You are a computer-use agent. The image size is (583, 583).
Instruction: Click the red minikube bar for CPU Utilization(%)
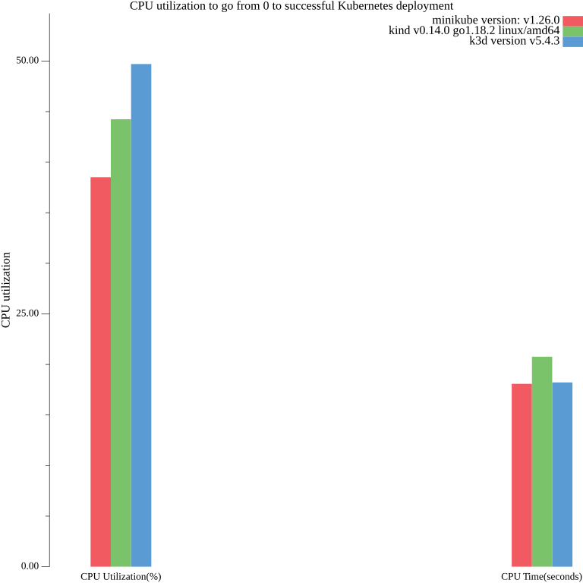coord(101,372)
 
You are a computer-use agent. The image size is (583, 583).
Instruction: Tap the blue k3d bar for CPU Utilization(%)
coord(141,315)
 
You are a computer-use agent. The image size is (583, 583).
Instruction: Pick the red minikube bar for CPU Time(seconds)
coord(522,475)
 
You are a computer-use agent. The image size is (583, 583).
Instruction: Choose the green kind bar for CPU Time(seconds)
coord(542,462)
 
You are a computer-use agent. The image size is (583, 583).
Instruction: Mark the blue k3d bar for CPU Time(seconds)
coord(563,474)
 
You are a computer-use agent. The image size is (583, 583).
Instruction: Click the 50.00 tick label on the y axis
coord(28,61)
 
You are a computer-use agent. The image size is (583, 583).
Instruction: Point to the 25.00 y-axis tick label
coord(28,314)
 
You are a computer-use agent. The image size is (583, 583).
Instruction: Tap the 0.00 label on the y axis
coord(30,566)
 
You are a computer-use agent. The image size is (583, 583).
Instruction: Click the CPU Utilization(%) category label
coord(121,577)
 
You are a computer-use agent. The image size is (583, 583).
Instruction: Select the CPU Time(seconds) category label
coord(541,577)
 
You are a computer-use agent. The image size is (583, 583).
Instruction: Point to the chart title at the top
coord(291,6)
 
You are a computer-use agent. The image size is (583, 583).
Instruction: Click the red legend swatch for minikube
coord(572,20)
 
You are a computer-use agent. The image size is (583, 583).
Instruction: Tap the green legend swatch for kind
coord(572,31)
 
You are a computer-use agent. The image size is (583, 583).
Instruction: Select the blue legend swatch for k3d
coord(572,42)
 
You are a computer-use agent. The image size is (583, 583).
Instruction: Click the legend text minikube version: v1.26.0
coord(496,20)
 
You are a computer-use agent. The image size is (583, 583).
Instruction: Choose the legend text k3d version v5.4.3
coord(515,42)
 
